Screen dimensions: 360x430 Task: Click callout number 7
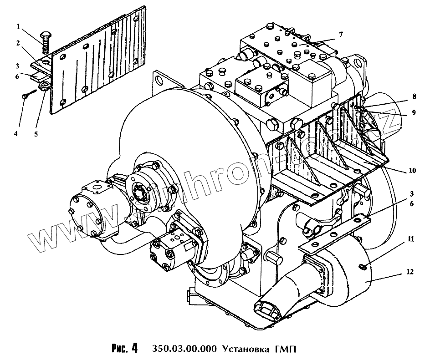pyautogui.click(x=341, y=34)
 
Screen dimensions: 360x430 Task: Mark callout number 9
pyautogui.click(x=413, y=113)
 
